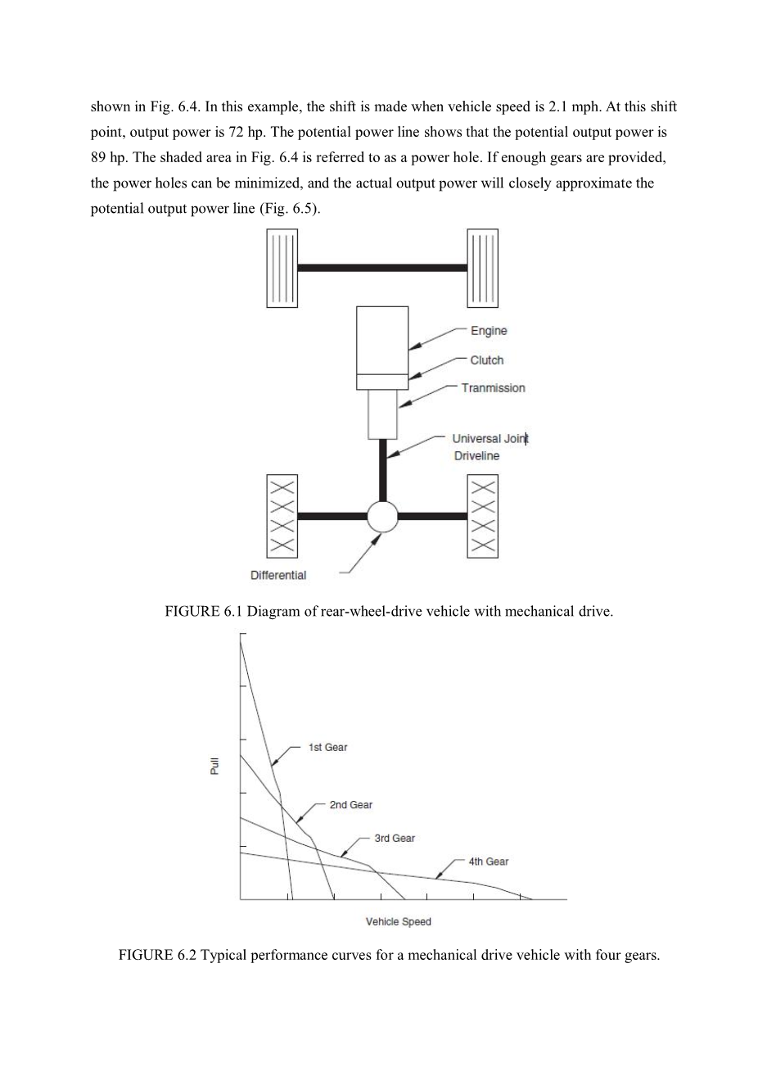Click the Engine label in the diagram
(489, 331)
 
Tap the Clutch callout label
(487, 360)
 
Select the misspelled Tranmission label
(493, 388)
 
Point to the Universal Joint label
(490, 439)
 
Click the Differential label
(278, 575)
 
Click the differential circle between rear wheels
(382, 516)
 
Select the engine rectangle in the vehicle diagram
(382, 340)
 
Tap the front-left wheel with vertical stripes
(282, 268)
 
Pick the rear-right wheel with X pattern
(483, 516)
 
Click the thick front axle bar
(382, 268)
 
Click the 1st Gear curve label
(327, 747)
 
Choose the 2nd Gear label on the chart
(350, 805)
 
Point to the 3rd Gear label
(395, 838)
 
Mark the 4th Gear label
(488, 862)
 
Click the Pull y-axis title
(215, 766)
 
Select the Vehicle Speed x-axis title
(398, 921)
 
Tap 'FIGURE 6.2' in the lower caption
(151, 956)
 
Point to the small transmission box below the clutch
(382, 414)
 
